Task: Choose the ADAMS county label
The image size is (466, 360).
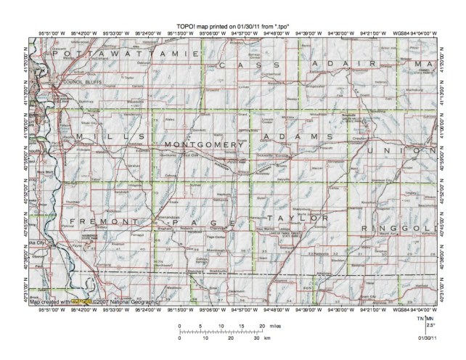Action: tap(294, 136)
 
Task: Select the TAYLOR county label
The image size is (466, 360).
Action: tap(297, 218)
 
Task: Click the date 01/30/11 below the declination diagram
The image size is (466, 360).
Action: tap(426, 336)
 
